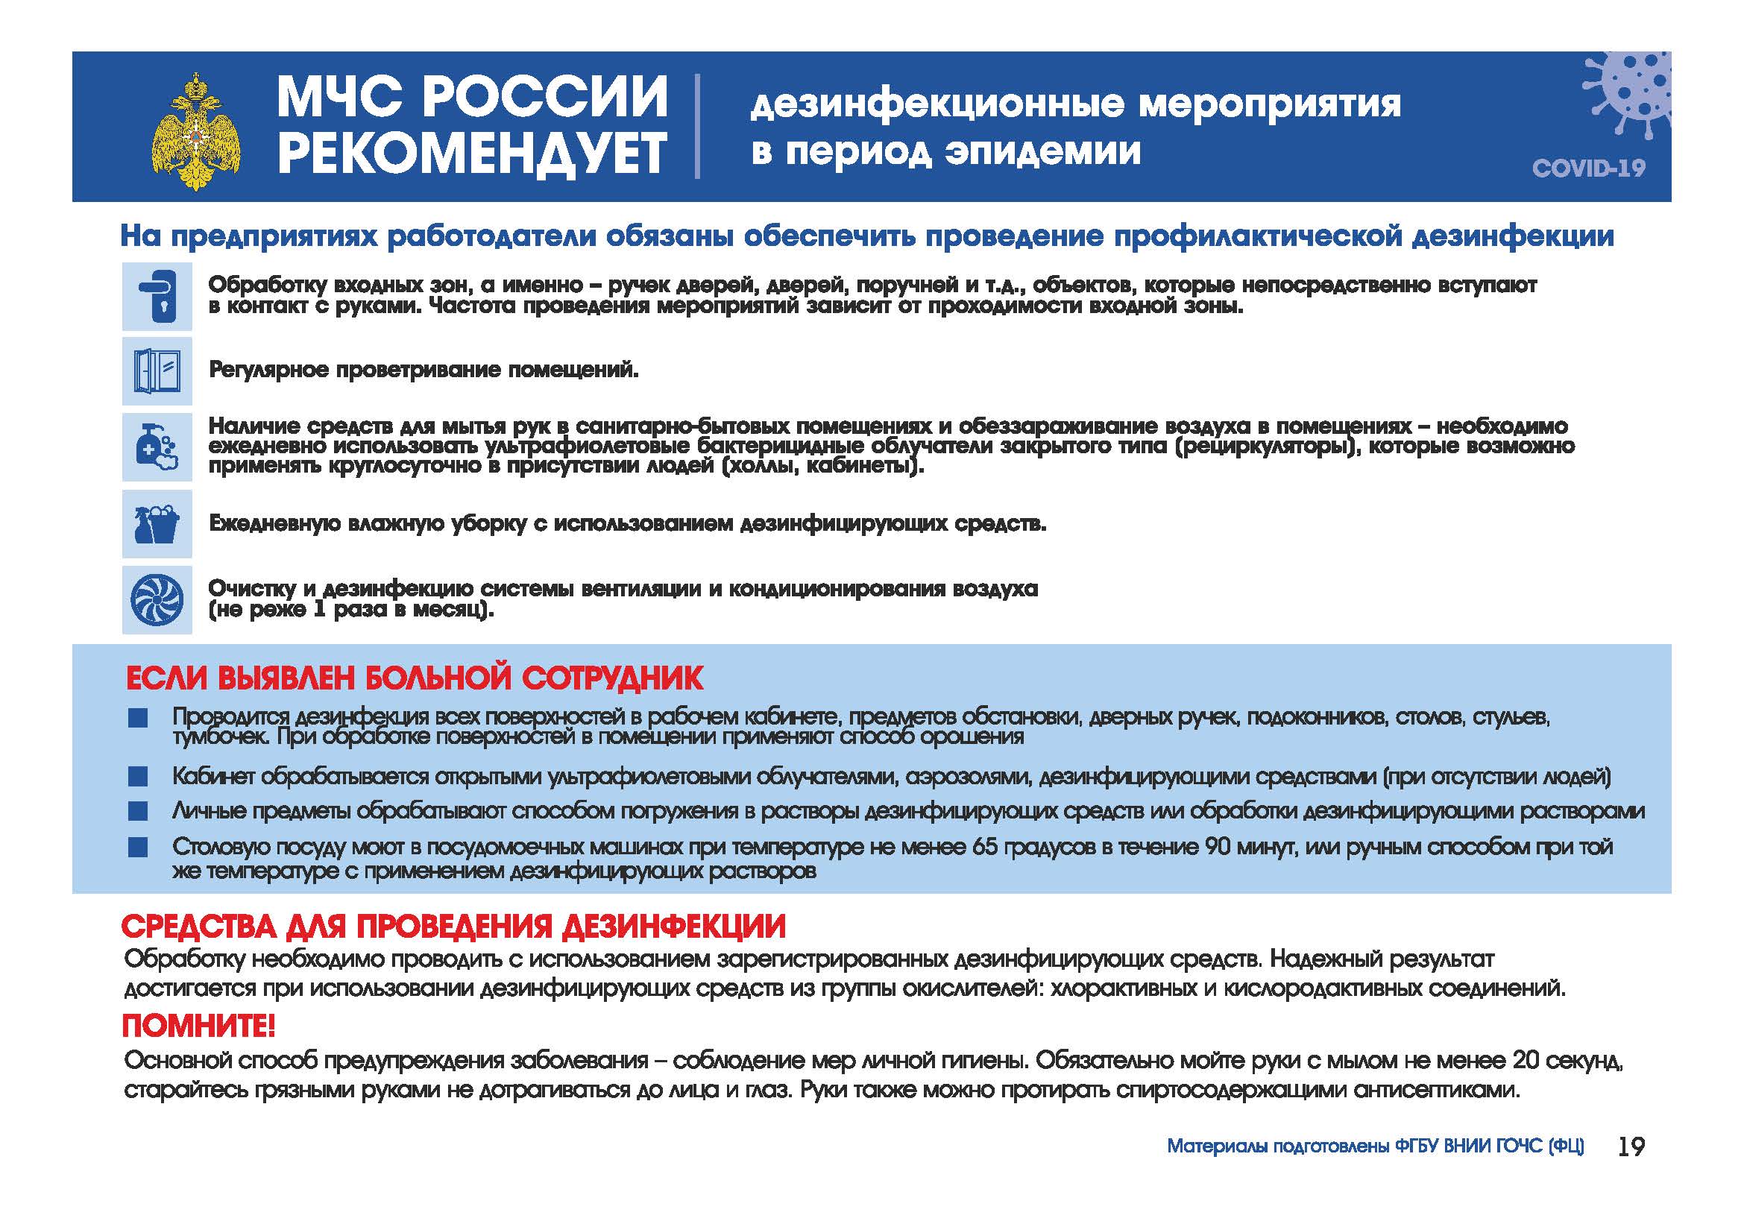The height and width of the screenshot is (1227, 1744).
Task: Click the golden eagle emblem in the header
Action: point(196,130)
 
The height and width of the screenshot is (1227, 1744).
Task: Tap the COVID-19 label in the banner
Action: point(1588,168)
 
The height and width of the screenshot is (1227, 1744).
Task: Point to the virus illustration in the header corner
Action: point(1628,98)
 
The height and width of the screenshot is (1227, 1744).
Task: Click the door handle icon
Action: point(157,296)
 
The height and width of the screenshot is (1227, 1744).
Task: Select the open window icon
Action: point(157,371)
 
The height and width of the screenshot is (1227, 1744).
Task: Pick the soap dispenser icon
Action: point(157,447)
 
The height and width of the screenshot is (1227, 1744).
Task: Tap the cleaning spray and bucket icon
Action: point(157,524)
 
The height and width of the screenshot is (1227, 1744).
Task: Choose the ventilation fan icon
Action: point(157,600)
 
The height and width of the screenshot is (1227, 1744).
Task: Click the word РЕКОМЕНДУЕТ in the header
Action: point(472,154)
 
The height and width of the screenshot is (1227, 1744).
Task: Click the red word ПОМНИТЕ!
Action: point(199,1026)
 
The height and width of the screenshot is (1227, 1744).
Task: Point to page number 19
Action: point(1631,1146)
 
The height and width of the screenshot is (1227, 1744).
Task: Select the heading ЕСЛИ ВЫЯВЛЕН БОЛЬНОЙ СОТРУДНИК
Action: point(415,678)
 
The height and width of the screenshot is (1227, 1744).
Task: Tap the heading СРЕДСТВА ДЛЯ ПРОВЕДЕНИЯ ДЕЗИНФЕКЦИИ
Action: point(453,927)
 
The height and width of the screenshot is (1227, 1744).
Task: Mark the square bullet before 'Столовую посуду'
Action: point(138,847)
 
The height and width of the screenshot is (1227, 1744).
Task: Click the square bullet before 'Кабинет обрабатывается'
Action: point(138,777)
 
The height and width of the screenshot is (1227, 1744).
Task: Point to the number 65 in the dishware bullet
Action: point(984,847)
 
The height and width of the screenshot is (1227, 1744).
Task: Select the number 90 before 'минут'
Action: point(1219,847)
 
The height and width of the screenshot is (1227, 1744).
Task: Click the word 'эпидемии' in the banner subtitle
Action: point(1042,152)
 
